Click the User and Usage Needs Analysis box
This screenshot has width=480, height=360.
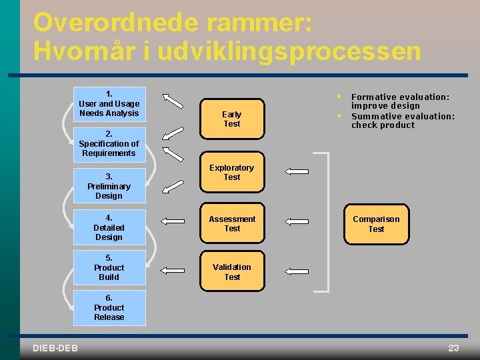coord(109,104)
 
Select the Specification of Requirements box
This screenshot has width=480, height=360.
coord(109,144)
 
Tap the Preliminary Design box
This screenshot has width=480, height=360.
coord(109,186)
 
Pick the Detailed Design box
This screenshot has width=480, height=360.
coord(109,227)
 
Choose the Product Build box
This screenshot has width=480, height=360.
coord(109,267)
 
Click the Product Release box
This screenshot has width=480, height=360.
coord(109,307)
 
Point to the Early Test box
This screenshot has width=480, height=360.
coord(232,119)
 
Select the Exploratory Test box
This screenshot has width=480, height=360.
coord(232,173)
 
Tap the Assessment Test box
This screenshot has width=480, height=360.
coord(232,224)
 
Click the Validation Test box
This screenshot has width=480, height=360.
coord(232,271)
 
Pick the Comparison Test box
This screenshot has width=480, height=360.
coord(376,224)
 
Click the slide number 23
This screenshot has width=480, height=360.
coord(453,348)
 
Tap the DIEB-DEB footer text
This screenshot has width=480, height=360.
coord(55,348)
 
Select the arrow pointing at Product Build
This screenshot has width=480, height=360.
coord(174,269)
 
